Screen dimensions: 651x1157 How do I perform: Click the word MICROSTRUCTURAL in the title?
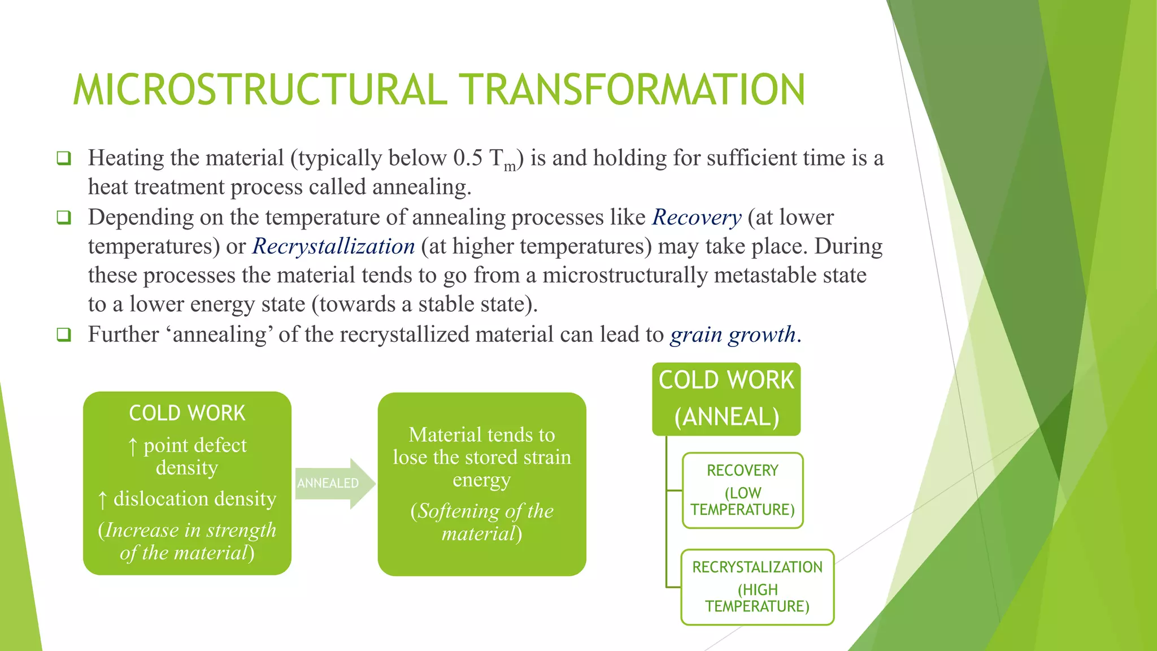(x=260, y=90)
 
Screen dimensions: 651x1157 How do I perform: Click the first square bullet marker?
(x=64, y=158)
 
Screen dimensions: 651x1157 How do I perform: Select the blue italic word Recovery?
(x=697, y=218)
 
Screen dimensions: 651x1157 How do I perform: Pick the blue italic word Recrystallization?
(x=333, y=246)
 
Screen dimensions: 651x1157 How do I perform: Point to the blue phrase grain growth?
(x=733, y=335)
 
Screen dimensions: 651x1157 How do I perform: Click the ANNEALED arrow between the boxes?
(x=333, y=483)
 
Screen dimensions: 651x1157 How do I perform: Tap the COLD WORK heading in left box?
(x=187, y=413)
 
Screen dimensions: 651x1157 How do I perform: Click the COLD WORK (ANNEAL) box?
(x=727, y=399)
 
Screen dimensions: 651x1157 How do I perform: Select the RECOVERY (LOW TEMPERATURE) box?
(x=742, y=490)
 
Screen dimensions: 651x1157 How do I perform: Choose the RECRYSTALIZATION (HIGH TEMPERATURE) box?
(x=757, y=587)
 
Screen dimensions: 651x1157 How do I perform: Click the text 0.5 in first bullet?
(x=467, y=158)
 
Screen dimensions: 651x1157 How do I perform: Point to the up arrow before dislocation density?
(x=102, y=500)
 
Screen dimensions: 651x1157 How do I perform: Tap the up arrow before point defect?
(x=133, y=446)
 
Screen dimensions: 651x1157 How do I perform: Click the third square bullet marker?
(x=64, y=335)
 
